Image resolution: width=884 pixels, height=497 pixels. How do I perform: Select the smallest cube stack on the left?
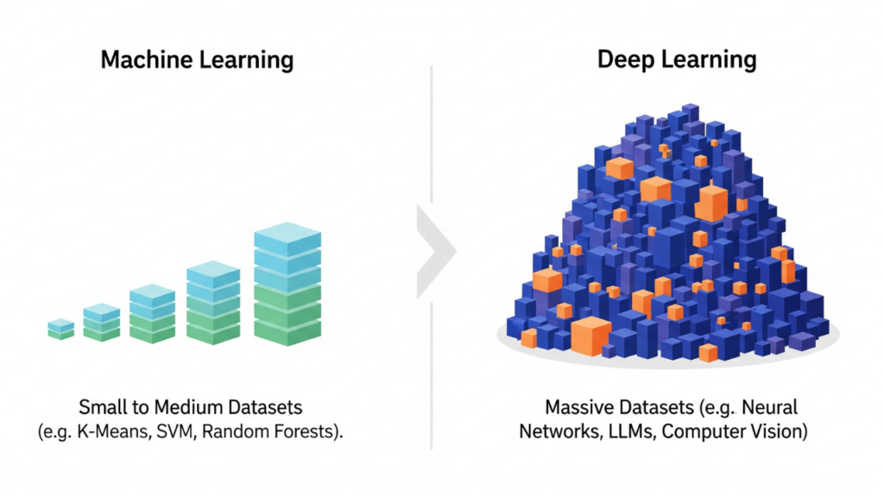click(x=60, y=328)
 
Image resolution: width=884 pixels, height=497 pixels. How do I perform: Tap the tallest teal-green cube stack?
click(x=287, y=285)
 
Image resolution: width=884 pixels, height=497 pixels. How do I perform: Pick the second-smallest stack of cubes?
click(x=102, y=323)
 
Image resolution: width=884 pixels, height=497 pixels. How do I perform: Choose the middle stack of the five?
click(x=152, y=314)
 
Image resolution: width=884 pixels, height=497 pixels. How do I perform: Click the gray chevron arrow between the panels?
click(x=437, y=251)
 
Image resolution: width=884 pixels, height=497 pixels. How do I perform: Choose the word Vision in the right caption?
click(x=779, y=431)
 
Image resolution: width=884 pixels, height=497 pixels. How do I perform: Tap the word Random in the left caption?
click(x=248, y=431)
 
